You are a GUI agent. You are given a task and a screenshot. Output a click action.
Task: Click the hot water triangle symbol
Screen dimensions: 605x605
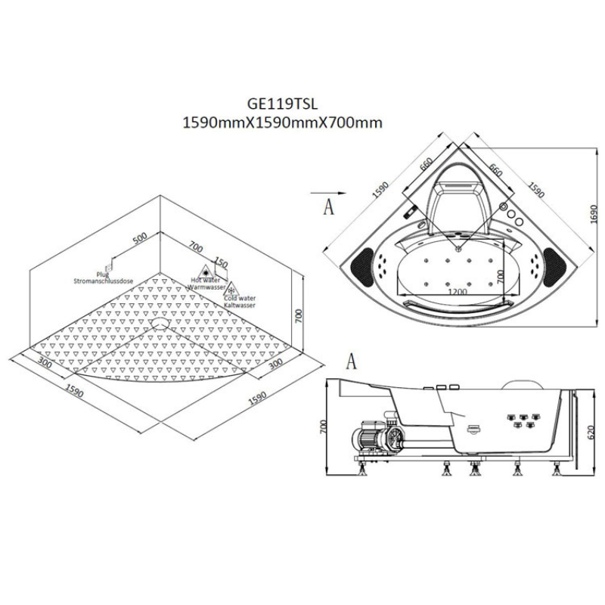204,271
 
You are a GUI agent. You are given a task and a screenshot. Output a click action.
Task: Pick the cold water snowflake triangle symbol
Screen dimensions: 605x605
234,288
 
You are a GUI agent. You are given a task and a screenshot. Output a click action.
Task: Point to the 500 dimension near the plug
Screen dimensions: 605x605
138,239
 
